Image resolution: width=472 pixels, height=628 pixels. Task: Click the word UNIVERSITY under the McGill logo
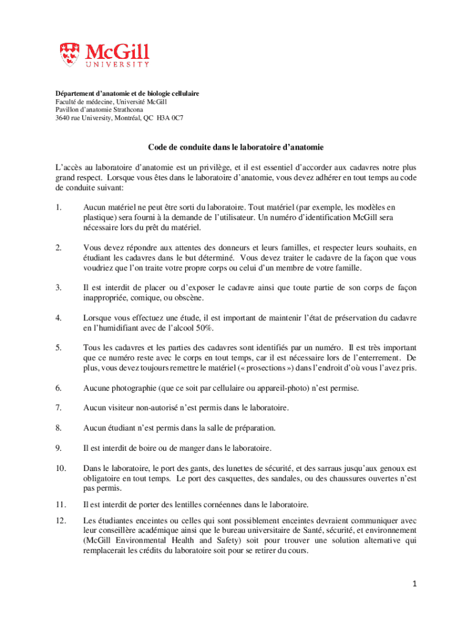tap(116, 64)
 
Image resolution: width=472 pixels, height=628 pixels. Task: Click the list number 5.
tap(58, 348)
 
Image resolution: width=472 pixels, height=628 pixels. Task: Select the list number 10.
tap(60, 468)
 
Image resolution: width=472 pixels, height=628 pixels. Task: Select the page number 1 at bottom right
tap(414, 584)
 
